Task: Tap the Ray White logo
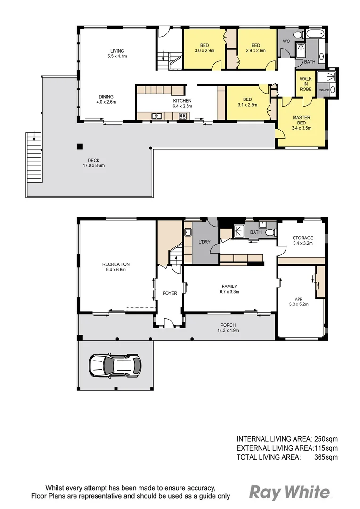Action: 289,493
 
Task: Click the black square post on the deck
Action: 80,146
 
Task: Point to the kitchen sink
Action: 156,116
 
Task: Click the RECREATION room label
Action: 115,267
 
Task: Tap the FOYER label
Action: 170,293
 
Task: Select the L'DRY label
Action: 204,242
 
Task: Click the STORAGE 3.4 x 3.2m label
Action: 303,241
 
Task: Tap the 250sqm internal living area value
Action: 326,439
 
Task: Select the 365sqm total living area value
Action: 326,457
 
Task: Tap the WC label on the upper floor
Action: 286,41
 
